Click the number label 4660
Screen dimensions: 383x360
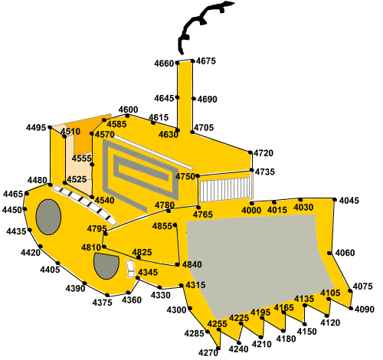(x=164, y=64)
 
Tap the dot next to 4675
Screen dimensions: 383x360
(x=193, y=61)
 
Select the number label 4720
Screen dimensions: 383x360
(x=264, y=153)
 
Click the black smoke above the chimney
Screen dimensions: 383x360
(x=201, y=25)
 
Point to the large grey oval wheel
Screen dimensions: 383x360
(x=48, y=217)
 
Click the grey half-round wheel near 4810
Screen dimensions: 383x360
(x=106, y=266)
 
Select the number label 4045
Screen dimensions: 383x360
(x=349, y=201)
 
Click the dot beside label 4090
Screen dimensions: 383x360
(x=351, y=309)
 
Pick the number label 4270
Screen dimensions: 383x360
(x=208, y=352)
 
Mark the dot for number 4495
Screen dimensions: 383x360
(x=50, y=127)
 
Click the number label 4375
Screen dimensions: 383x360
(x=102, y=303)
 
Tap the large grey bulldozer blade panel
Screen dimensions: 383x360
(x=258, y=263)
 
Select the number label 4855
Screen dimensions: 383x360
(x=162, y=226)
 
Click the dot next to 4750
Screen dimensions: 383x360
(x=198, y=175)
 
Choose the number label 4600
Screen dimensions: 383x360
(x=128, y=110)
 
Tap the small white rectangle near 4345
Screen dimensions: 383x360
(x=130, y=269)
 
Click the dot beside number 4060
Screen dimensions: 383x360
(x=329, y=253)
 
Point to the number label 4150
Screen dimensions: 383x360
(x=307, y=332)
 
